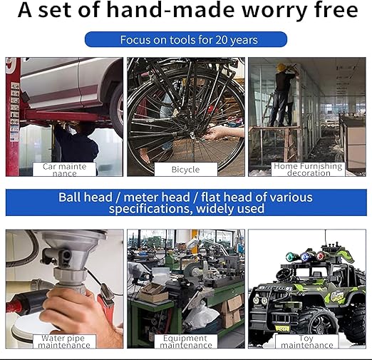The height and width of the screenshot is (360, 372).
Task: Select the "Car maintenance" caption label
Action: (64, 170)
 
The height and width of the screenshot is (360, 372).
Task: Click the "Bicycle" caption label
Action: (186, 170)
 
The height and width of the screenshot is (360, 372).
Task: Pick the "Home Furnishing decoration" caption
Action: (308, 170)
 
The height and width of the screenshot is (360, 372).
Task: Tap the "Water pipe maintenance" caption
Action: (64, 341)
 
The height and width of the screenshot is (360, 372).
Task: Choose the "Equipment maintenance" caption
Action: (186, 341)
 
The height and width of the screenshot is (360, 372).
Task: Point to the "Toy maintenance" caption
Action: (307, 341)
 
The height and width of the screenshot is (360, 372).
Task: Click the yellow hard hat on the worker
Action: (281, 67)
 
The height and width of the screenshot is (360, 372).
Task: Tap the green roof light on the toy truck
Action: (290, 257)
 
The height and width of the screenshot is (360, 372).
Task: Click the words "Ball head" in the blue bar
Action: (86, 197)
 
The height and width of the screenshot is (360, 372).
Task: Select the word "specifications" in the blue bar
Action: (149, 209)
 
